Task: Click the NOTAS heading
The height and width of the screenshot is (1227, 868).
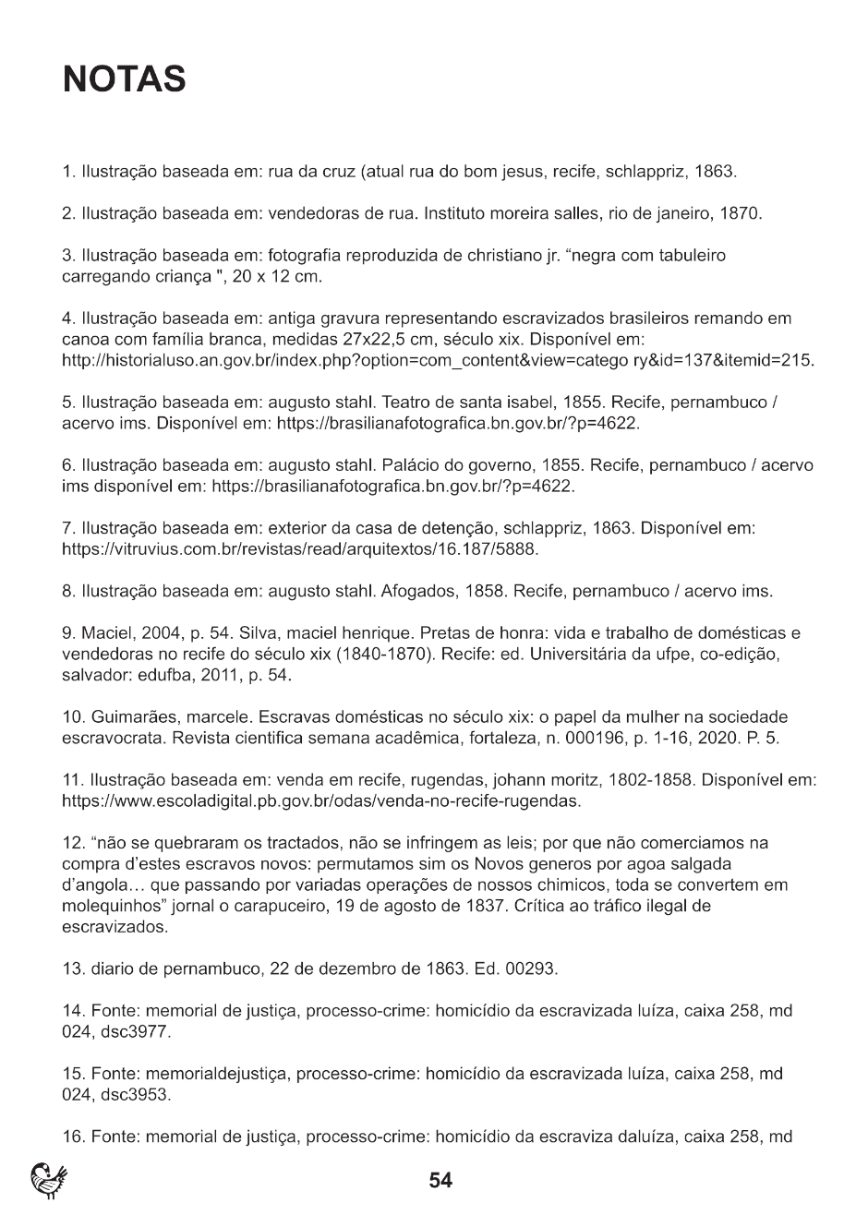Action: coord(125,80)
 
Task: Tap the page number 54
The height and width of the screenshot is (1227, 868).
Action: coord(440,1180)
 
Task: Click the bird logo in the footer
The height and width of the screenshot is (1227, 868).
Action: coord(49,1181)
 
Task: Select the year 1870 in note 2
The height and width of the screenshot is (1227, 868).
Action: coord(739,214)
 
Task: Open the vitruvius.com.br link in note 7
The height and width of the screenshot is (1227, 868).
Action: coord(299,549)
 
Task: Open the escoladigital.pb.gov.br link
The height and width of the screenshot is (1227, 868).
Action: coord(320,801)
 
